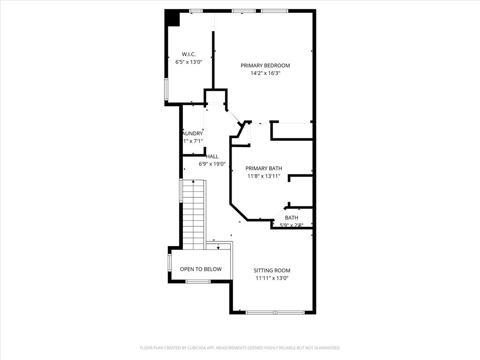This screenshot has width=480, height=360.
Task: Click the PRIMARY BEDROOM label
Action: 265,66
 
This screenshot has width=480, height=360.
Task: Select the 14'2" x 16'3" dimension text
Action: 265,73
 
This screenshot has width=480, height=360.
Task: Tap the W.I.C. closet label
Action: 188,54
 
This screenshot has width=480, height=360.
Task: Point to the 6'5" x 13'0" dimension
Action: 188,62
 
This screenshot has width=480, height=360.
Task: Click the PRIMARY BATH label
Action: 264,168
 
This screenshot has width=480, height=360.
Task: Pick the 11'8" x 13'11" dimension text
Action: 264,176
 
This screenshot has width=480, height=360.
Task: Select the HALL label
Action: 212,157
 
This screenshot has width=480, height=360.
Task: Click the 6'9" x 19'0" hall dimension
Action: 212,164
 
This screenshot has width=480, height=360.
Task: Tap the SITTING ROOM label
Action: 272,270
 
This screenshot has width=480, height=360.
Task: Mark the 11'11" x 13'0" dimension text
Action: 272,278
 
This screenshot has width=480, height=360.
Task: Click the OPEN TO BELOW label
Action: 201,269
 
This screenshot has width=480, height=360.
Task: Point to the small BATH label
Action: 292,217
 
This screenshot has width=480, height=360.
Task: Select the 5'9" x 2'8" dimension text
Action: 292,225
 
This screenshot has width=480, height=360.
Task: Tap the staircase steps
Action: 194,213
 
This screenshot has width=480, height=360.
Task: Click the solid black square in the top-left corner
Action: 172,18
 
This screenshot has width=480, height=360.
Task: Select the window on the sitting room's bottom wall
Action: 275,312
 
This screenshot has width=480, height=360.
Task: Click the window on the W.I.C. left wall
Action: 166,89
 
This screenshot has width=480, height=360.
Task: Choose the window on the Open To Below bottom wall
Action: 198,281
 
